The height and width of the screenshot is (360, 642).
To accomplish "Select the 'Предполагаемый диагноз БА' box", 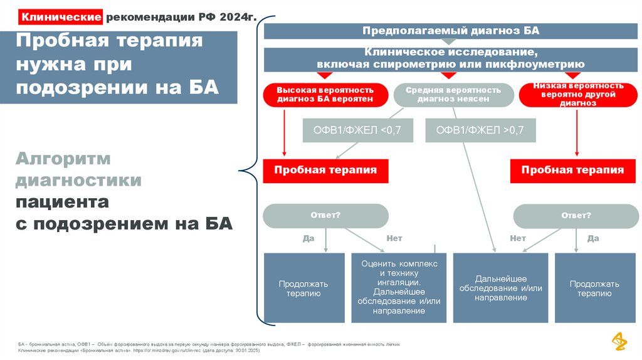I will (450, 31).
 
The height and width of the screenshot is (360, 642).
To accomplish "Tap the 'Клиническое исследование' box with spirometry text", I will (450, 59).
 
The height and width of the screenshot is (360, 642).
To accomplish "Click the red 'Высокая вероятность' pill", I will (325, 95).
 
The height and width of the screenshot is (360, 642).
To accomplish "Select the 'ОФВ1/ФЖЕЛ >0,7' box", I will (480, 130).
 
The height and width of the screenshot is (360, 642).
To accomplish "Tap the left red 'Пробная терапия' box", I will (325, 170).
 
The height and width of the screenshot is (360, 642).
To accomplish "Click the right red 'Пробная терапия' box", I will (572, 170).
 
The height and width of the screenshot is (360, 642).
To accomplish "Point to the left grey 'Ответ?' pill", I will (325, 216).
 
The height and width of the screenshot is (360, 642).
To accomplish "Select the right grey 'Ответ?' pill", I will (576, 216).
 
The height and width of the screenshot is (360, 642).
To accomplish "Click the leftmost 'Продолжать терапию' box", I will (304, 288).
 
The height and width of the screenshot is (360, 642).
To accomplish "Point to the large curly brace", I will (251, 169).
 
